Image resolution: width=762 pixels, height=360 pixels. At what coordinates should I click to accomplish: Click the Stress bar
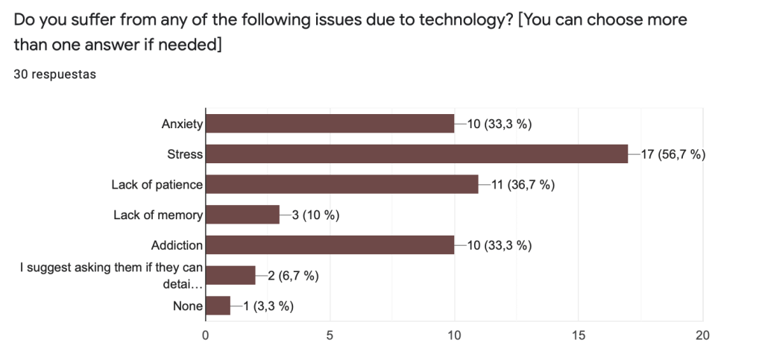pos(416,154)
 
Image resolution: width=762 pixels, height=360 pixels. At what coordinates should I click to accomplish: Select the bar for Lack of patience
pos(341,184)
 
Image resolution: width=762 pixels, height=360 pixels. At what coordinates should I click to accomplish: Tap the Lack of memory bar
pos(242,215)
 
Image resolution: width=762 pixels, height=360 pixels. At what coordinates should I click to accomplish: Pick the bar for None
pos(218,306)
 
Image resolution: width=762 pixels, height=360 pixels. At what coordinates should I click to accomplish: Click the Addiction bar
pos(330,244)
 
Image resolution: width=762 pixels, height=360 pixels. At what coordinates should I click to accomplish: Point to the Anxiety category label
pos(182,124)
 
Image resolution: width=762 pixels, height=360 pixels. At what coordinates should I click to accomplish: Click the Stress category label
pos(185,154)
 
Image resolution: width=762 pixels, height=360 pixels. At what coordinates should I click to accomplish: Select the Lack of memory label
pos(158,215)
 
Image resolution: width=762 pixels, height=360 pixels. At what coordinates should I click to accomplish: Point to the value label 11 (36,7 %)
pos(523,185)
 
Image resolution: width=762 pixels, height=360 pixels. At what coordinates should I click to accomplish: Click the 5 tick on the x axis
pos(330,335)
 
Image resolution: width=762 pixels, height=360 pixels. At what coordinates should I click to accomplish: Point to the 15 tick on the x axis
pos(579,335)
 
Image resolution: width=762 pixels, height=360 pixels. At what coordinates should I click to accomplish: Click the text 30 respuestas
pos(55,74)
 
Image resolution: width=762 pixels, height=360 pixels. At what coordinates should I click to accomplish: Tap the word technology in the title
pos(463,20)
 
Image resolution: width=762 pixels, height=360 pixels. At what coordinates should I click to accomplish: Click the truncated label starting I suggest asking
pos(112,275)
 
